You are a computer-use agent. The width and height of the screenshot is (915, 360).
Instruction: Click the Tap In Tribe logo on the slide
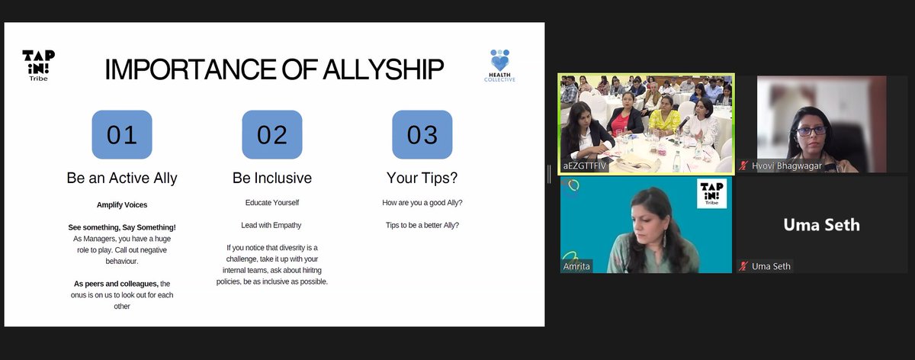(x=38, y=66)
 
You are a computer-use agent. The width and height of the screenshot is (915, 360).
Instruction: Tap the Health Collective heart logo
(x=500, y=66)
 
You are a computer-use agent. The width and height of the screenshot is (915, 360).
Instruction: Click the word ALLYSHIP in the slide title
(x=384, y=69)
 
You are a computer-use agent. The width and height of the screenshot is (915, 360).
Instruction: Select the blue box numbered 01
(x=122, y=134)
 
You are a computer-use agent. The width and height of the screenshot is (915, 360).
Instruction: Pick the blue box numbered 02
(x=272, y=134)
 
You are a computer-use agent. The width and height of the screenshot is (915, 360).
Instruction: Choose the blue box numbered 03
(x=422, y=134)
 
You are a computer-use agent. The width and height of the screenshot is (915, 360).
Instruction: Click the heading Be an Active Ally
(x=122, y=178)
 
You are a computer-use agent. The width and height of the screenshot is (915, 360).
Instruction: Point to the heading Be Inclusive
(x=272, y=178)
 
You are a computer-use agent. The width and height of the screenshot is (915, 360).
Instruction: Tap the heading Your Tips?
(x=422, y=178)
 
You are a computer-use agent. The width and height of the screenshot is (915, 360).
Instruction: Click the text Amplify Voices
(x=122, y=204)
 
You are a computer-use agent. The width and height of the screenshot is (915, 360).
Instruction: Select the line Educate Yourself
(x=272, y=203)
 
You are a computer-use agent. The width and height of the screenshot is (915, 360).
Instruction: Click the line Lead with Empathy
(x=271, y=225)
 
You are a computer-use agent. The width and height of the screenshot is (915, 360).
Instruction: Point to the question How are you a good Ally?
(x=422, y=203)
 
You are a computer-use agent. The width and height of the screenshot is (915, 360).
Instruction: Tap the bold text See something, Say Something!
(x=122, y=227)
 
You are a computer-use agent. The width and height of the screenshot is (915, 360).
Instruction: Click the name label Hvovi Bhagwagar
(x=787, y=166)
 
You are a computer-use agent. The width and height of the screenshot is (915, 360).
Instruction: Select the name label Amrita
(x=576, y=266)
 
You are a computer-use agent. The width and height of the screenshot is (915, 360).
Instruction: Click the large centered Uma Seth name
(x=821, y=225)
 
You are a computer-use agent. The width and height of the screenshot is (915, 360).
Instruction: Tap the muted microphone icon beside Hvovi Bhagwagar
(x=743, y=166)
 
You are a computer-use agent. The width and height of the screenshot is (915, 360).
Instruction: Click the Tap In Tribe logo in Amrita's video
(x=711, y=194)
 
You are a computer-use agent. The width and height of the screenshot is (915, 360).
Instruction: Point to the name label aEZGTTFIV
(x=585, y=166)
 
